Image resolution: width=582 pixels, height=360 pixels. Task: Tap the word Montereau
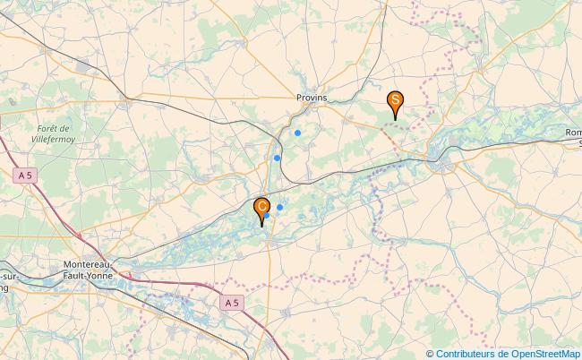tap(88, 265)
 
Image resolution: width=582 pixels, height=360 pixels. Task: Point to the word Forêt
tap(54, 129)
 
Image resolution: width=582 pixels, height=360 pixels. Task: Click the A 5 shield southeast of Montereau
tap(232, 303)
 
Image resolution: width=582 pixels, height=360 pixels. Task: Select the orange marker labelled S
tap(394, 101)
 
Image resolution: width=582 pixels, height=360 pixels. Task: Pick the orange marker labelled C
tap(261, 208)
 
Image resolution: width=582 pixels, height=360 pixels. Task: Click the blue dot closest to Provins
tap(297, 133)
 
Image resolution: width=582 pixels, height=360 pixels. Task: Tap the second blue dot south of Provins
tap(277, 159)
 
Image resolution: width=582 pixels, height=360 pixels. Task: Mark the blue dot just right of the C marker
tap(279, 207)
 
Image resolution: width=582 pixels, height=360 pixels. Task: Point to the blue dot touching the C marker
tap(266, 216)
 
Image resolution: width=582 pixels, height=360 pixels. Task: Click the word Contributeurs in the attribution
tap(466, 353)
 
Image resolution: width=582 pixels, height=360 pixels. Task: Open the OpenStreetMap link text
tap(545, 353)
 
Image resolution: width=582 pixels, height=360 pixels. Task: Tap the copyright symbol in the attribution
tap(431, 353)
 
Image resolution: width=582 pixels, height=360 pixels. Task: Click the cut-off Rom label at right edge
tap(573, 133)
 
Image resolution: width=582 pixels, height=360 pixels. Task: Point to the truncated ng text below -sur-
tap(4, 289)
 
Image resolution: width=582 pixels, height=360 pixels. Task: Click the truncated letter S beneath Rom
tap(578, 142)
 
